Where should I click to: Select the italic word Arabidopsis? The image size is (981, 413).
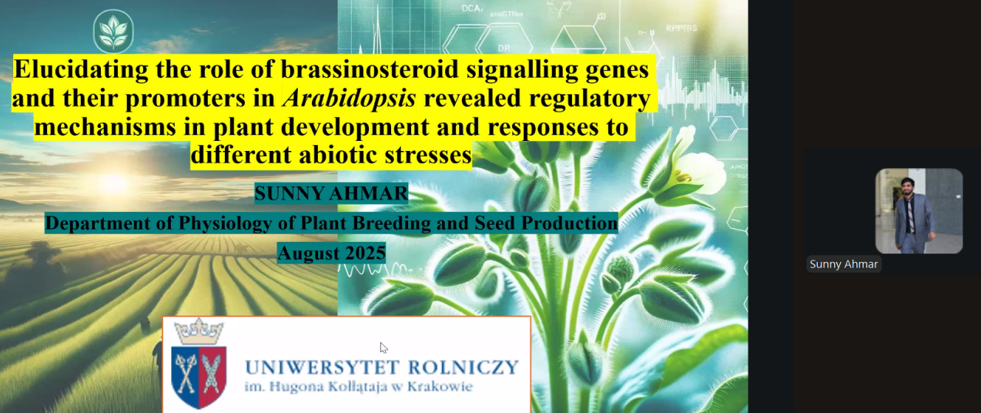350,98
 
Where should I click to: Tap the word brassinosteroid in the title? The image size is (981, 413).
370,69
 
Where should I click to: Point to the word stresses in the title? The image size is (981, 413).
428,154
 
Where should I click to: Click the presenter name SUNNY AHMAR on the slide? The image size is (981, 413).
331,193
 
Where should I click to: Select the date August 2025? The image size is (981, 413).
332,253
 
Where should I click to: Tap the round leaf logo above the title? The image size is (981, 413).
113,32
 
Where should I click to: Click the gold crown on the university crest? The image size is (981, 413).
199,331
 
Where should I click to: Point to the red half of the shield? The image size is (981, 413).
213,376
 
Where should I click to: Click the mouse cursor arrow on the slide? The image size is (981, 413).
383,348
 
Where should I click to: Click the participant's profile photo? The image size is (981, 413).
919,211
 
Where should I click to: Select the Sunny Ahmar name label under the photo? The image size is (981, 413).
843,264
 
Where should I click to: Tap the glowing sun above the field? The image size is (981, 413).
115,183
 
